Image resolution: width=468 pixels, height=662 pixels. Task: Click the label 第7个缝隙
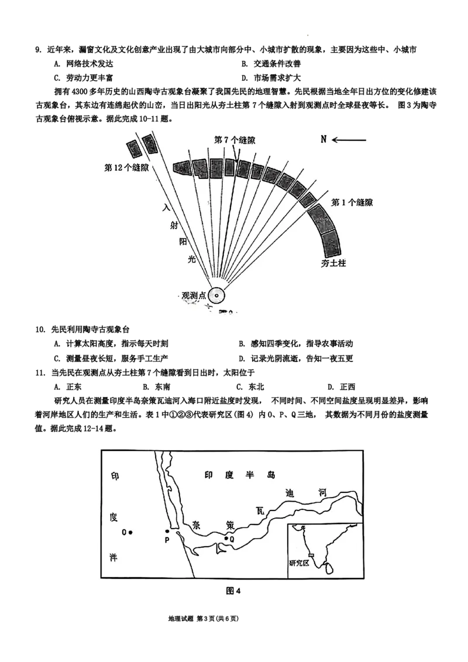[235, 140]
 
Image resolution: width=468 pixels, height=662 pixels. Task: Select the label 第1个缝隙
[352, 203]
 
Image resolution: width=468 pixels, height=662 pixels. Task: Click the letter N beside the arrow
[323, 139]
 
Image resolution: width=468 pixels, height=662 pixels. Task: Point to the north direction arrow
[349, 140]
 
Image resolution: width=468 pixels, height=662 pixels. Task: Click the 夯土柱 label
[334, 263]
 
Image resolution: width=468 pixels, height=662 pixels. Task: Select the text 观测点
[194, 296]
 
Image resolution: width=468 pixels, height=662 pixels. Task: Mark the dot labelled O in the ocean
[131, 532]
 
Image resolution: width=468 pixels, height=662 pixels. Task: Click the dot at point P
[167, 532]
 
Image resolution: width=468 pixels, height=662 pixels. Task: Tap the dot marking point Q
[226, 538]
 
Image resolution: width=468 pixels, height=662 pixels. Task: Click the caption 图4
[233, 591]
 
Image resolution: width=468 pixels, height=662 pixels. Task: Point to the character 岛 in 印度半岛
[270, 475]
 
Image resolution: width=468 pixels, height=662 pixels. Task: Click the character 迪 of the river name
[288, 492]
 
